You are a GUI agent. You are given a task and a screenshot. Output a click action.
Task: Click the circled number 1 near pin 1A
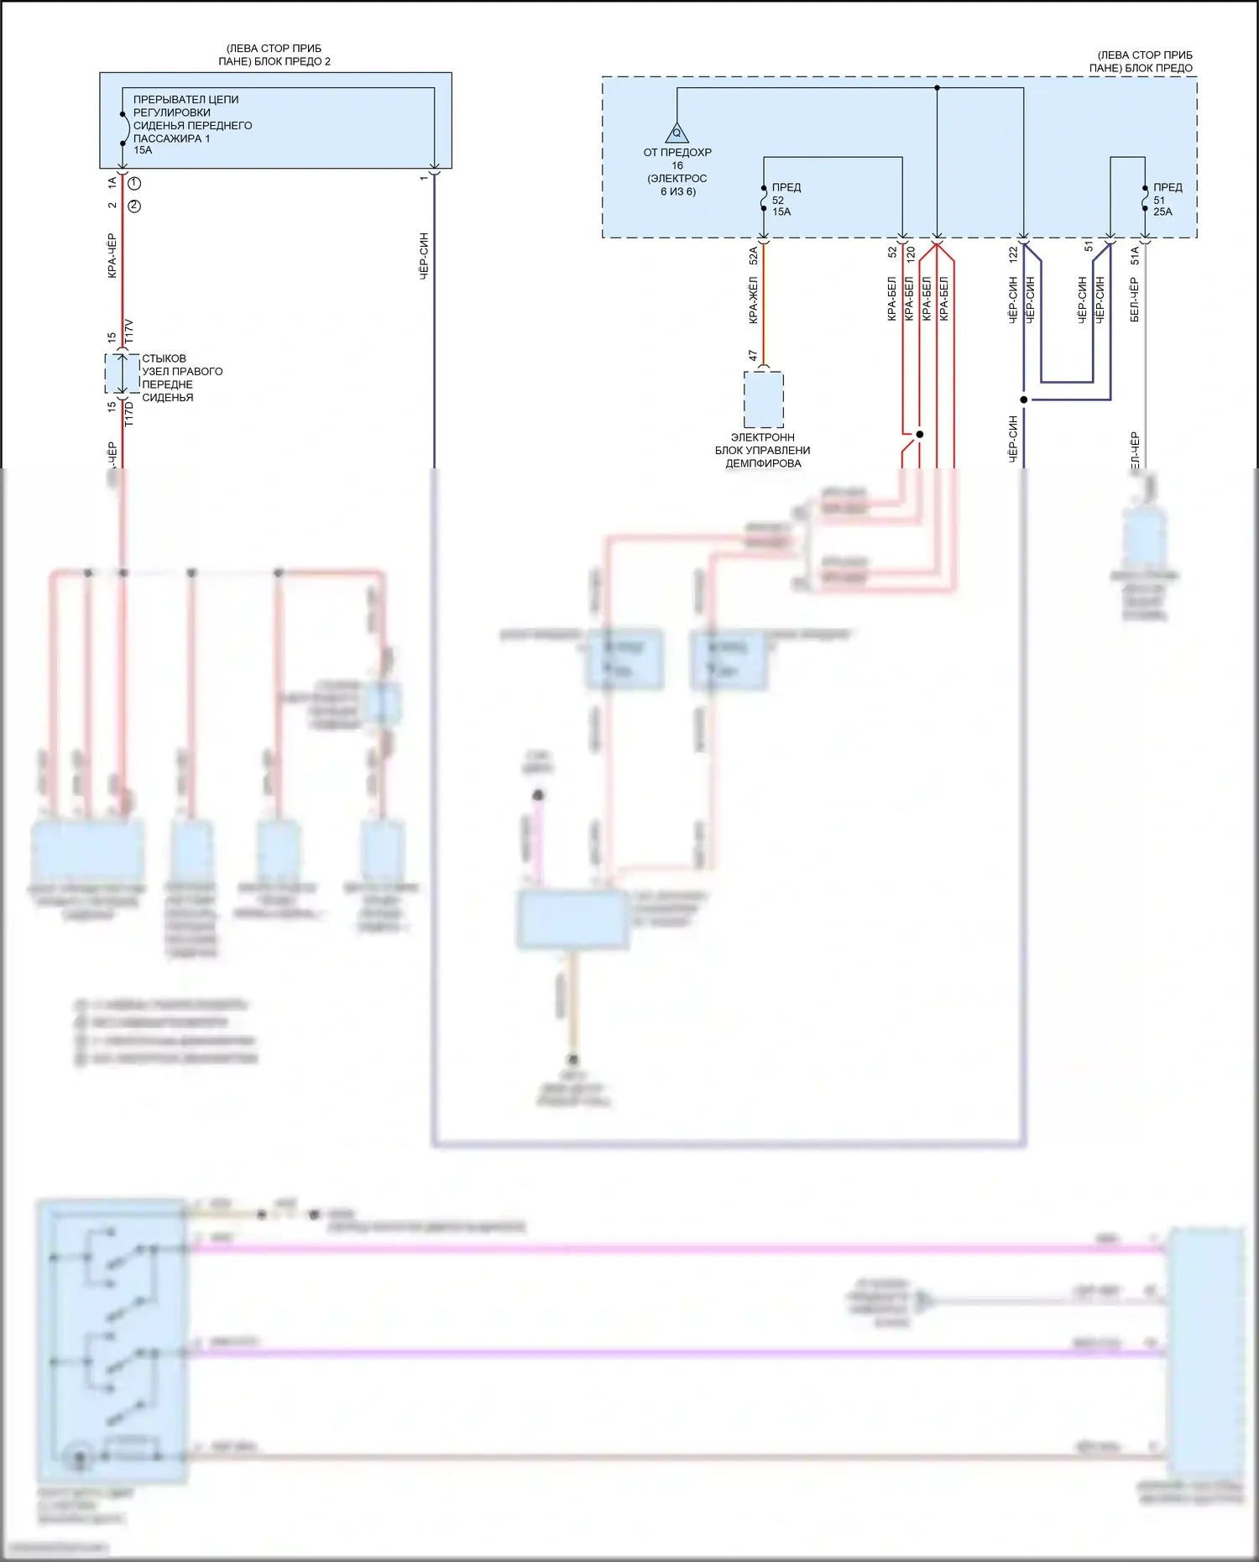click(134, 183)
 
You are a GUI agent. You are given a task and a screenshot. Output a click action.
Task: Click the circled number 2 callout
click(134, 206)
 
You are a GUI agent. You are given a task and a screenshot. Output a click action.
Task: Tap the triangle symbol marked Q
click(677, 133)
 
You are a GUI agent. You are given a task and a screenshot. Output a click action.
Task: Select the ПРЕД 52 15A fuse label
click(785, 200)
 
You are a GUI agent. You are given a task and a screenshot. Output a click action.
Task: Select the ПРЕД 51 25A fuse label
click(1166, 200)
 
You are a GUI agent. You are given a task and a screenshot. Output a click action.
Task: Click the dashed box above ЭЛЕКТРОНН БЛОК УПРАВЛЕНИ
click(764, 400)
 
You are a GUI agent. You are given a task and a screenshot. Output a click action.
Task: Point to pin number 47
click(753, 357)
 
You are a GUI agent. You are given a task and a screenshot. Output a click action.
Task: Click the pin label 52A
click(753, 255)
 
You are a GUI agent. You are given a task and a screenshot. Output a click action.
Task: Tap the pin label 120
click(911, 251)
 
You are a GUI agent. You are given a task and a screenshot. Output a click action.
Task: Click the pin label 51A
click(1135, 255)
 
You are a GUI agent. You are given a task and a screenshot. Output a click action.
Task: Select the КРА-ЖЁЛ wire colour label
click(753, 300)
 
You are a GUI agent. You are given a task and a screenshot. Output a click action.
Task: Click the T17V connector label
click(129, 331)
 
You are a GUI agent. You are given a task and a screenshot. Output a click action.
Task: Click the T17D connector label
click(129, 414)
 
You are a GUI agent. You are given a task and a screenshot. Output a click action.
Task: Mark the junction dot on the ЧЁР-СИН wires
click(1024, 400)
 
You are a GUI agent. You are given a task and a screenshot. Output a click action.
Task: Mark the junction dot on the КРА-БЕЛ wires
click(920, 434)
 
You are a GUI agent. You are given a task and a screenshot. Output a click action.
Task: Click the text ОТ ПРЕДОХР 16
click(677, 159)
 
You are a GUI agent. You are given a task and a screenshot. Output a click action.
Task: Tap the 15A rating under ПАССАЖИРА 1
click(143, 150)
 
